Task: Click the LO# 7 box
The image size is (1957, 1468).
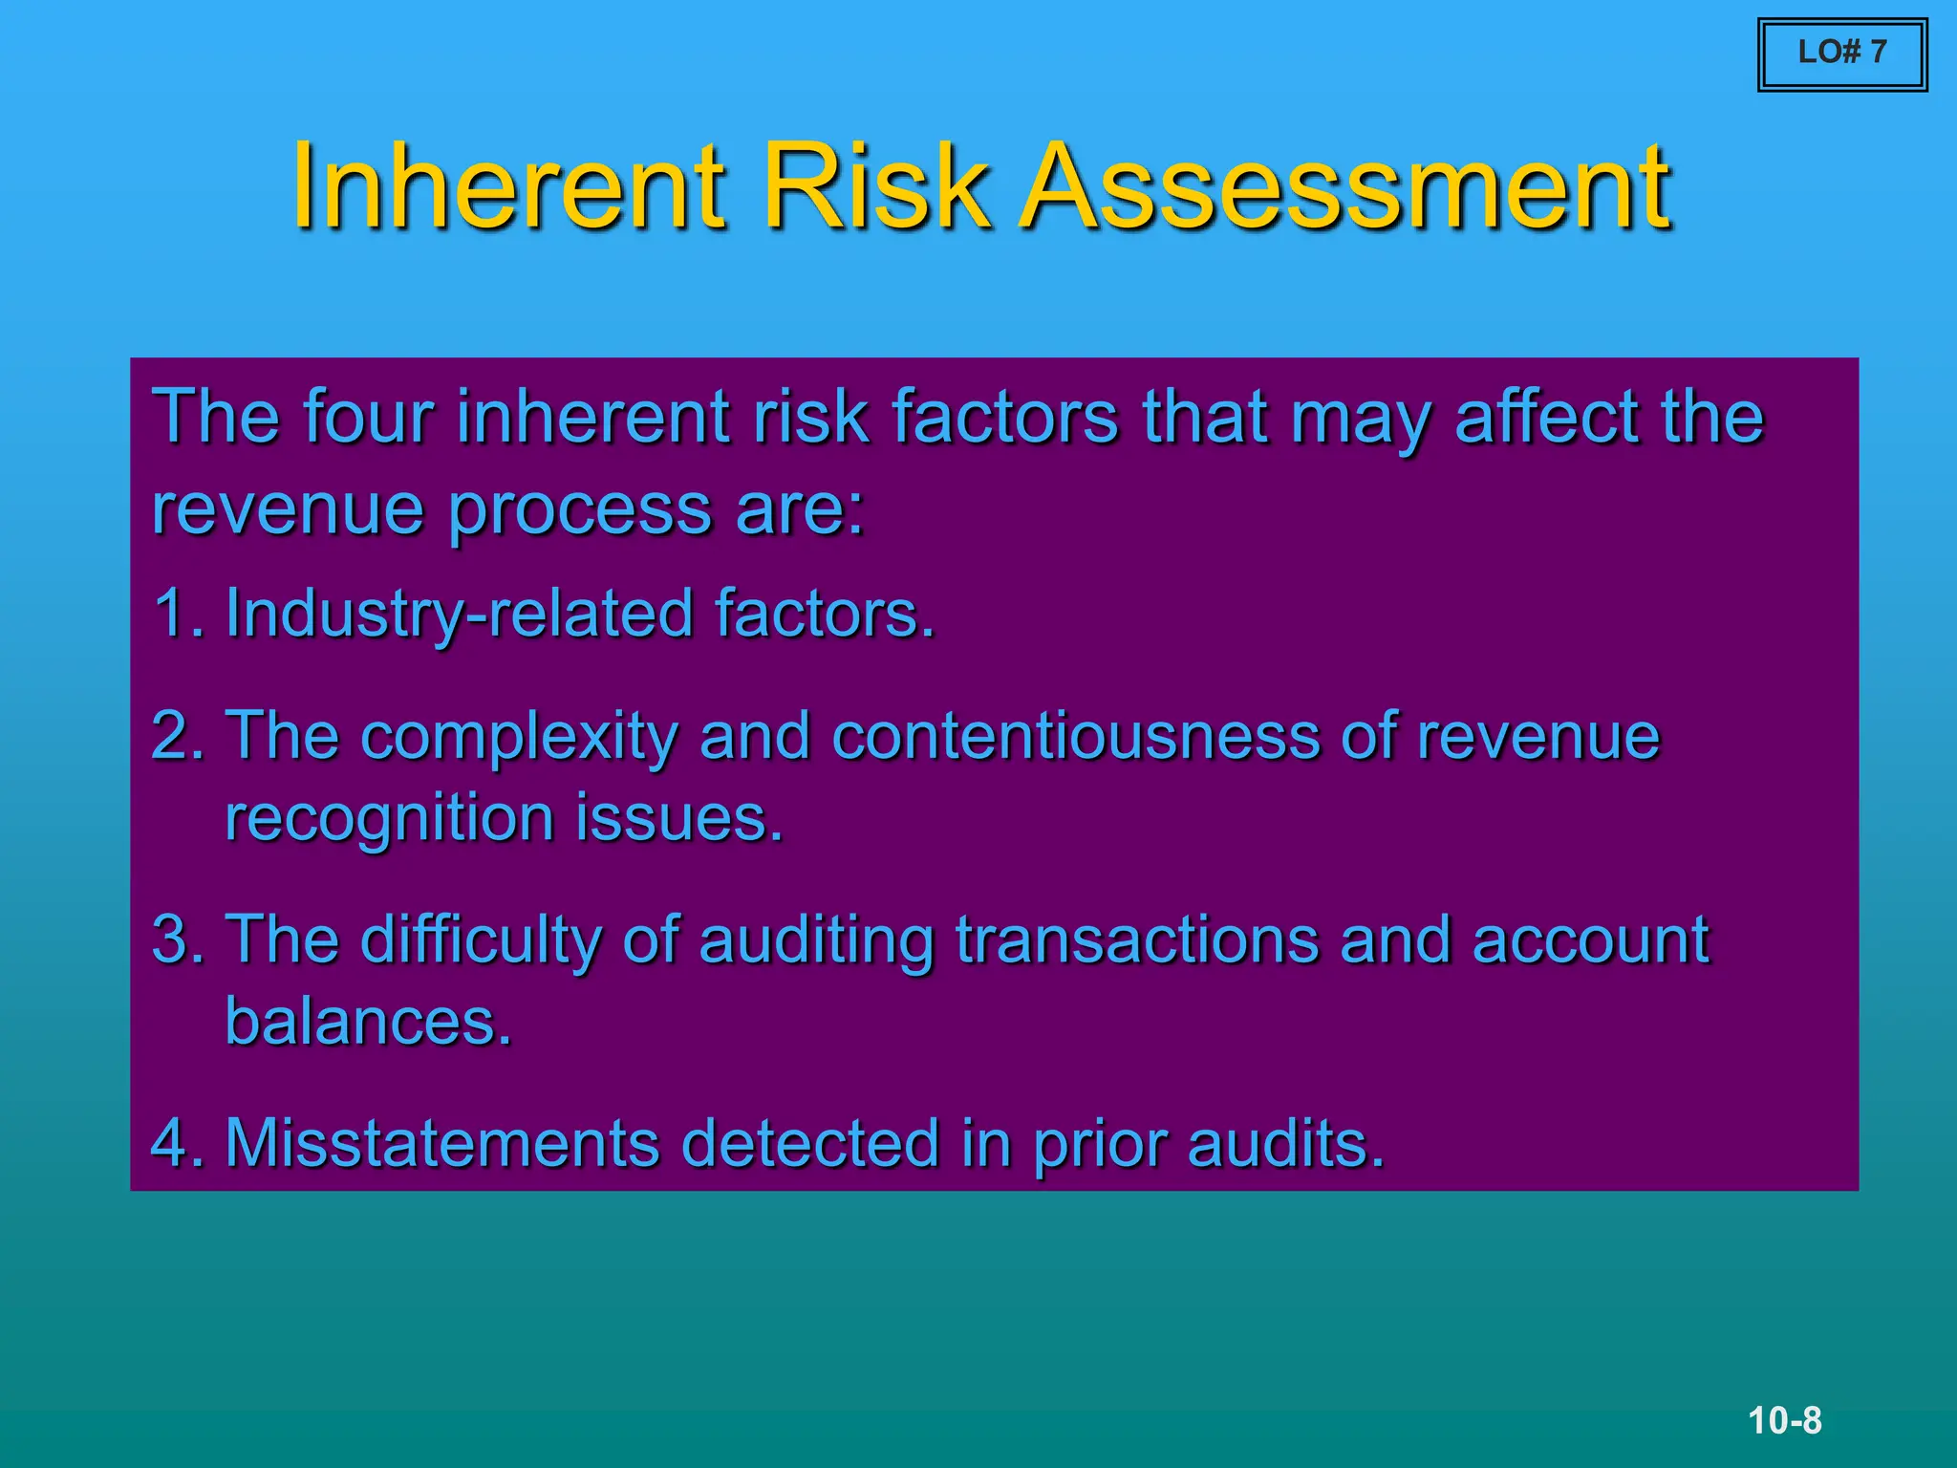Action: (x=1841, y=54)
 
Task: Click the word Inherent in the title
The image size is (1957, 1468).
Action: (x=507, y=185)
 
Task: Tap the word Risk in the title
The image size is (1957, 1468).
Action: (x=875, y=185)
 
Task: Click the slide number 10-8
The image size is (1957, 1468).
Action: (x=1784, y=1420)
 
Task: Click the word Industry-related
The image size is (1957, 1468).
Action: (x=459, y=615)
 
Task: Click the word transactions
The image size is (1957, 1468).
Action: (x=1137, y=939)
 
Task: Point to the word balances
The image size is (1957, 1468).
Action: (x=368, y=1022)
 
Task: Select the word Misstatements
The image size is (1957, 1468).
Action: (x=441, y=1143)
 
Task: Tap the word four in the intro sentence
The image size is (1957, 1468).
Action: (x=369, y=417)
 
